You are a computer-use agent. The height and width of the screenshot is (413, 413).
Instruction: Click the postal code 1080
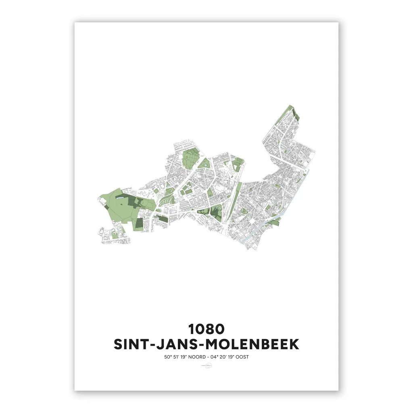coord(206,329)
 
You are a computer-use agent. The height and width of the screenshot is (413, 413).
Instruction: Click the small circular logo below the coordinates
coord(206,366)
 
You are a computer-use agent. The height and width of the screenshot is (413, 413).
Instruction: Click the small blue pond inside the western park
coord(121,198)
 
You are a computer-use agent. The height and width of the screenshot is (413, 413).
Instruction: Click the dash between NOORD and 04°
coord(206,357)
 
